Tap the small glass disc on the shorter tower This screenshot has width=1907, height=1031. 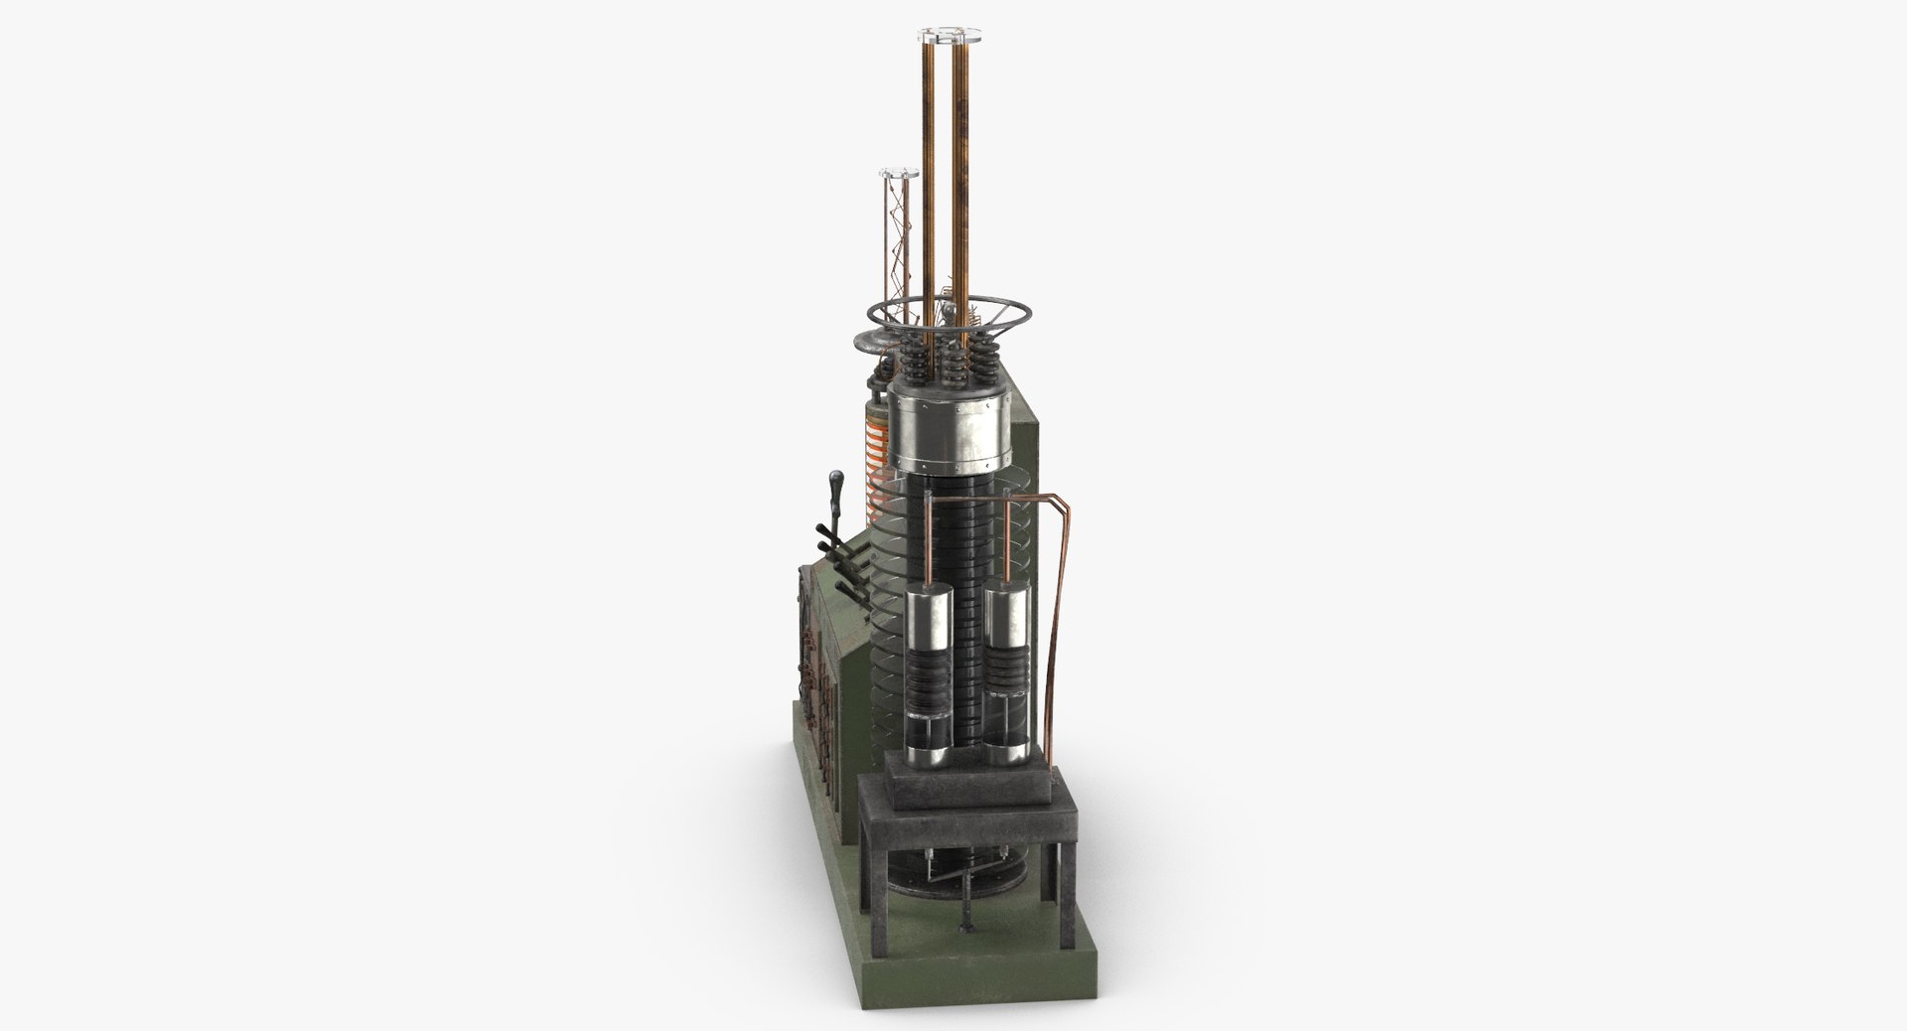pos(898,175)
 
